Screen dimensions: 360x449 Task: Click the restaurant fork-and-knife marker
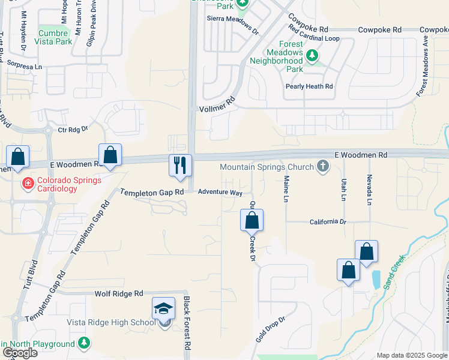[x=180, y=166]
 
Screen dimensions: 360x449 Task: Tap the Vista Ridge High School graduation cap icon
[x=164, y=309]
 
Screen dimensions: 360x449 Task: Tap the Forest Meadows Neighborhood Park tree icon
[x=312, y=56]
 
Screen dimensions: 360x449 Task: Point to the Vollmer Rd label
[x=215, y=109]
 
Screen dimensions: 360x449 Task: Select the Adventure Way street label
[x=220, y=193]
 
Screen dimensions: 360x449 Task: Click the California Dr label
[x=328, y=222]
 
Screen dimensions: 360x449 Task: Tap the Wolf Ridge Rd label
[x=119, y=293]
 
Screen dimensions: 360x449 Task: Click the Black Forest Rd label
[x=187, y=331]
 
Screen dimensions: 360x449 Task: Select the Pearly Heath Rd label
[x=309, y=86]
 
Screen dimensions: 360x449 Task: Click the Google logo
[x=20, y=353]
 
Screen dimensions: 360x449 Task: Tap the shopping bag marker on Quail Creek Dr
[x=252, y=220]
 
